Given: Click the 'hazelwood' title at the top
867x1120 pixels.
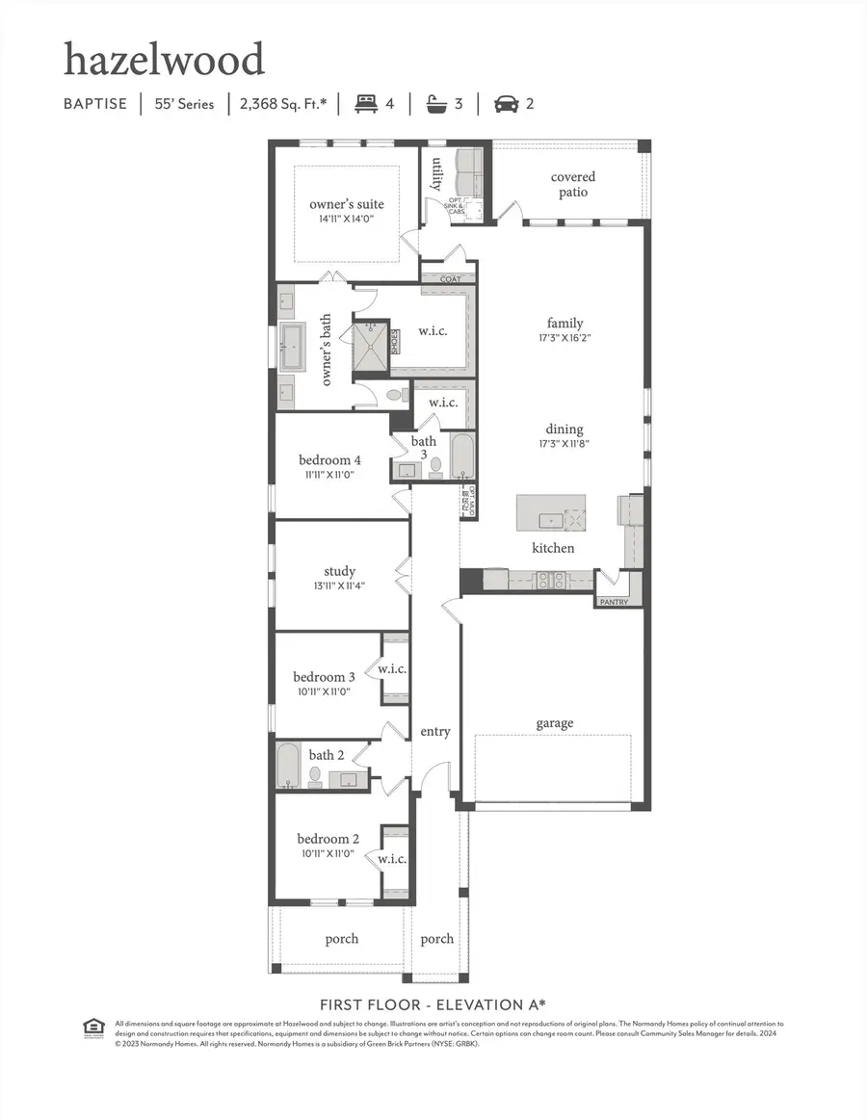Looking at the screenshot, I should (164, 60).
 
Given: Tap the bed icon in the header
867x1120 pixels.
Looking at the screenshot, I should (366, 104).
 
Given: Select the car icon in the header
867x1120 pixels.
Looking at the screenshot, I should (506, 104).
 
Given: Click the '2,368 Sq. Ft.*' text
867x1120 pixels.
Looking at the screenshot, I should (283, 104).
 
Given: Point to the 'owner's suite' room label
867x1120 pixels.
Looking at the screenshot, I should (346, 204).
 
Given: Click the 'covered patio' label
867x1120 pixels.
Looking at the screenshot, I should (573, 184).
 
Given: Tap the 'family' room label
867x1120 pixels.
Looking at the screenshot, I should (565, 324).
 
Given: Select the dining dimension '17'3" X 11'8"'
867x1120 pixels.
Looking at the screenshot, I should (565, 444).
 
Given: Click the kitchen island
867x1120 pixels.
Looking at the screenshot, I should (551, 513).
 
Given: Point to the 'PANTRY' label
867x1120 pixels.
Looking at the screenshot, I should (614, 602).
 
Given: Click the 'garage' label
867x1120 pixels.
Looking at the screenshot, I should (555, 723).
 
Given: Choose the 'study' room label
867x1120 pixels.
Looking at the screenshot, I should (339, 571).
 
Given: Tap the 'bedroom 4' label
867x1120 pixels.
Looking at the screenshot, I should (329, 459).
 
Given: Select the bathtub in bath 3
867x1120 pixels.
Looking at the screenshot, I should (463, 456).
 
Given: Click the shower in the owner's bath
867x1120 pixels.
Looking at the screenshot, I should (372, 342).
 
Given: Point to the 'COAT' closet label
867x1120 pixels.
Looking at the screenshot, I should (451, 279).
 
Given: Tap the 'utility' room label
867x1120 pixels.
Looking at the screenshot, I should (436, 175).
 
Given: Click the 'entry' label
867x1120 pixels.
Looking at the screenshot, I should (435, 732).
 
